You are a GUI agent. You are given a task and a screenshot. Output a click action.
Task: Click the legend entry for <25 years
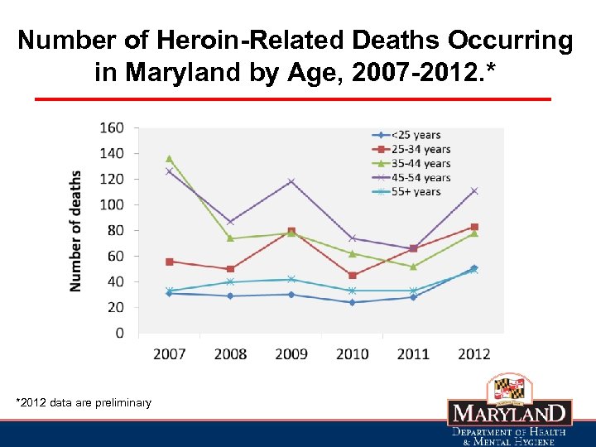(x=415, y=135)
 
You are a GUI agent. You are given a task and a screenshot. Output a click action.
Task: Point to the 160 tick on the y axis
(x=113, y=127)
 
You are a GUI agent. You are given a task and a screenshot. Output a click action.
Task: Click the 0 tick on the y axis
(x=120, y=333)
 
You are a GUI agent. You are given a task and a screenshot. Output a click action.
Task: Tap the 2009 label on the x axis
(x=291, y=354)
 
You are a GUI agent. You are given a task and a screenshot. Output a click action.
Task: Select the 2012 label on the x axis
(x=473, y=354)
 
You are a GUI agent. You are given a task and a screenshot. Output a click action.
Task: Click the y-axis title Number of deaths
(x=76, y=230)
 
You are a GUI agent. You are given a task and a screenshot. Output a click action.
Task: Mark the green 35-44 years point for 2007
(x=170, y=158)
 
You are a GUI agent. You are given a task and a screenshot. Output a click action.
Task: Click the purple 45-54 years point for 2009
(x=291, y=181)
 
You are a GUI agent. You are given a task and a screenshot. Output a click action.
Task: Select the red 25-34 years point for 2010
(x=352, y=275)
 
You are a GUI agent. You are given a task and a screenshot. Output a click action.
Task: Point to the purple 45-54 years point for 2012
(x=473, y=190)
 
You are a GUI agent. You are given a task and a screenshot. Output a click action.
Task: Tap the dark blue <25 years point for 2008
(x=230, y=296)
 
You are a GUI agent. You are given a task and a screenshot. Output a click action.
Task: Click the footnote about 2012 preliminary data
(x=84, y=402)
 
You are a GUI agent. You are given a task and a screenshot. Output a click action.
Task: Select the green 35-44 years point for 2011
(x=413, y=266)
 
